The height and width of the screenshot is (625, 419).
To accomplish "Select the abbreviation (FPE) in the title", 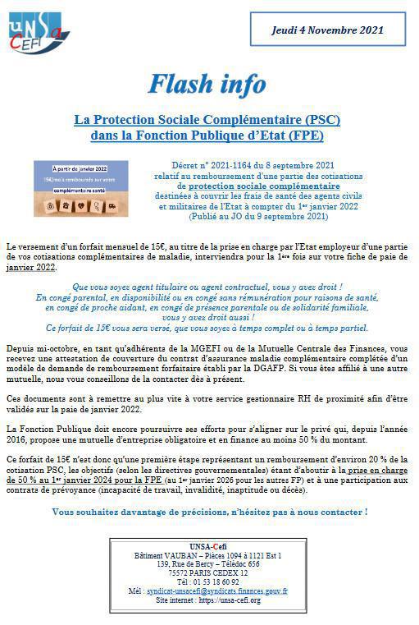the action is coord(304,136).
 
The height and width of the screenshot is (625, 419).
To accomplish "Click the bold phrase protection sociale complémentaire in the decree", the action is coord(258,186).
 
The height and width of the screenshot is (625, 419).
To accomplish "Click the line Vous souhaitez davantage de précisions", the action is coord(209,512).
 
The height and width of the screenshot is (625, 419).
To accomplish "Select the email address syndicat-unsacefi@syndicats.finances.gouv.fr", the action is coord(216,591).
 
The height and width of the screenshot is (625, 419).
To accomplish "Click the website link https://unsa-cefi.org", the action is coord(233,600).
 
